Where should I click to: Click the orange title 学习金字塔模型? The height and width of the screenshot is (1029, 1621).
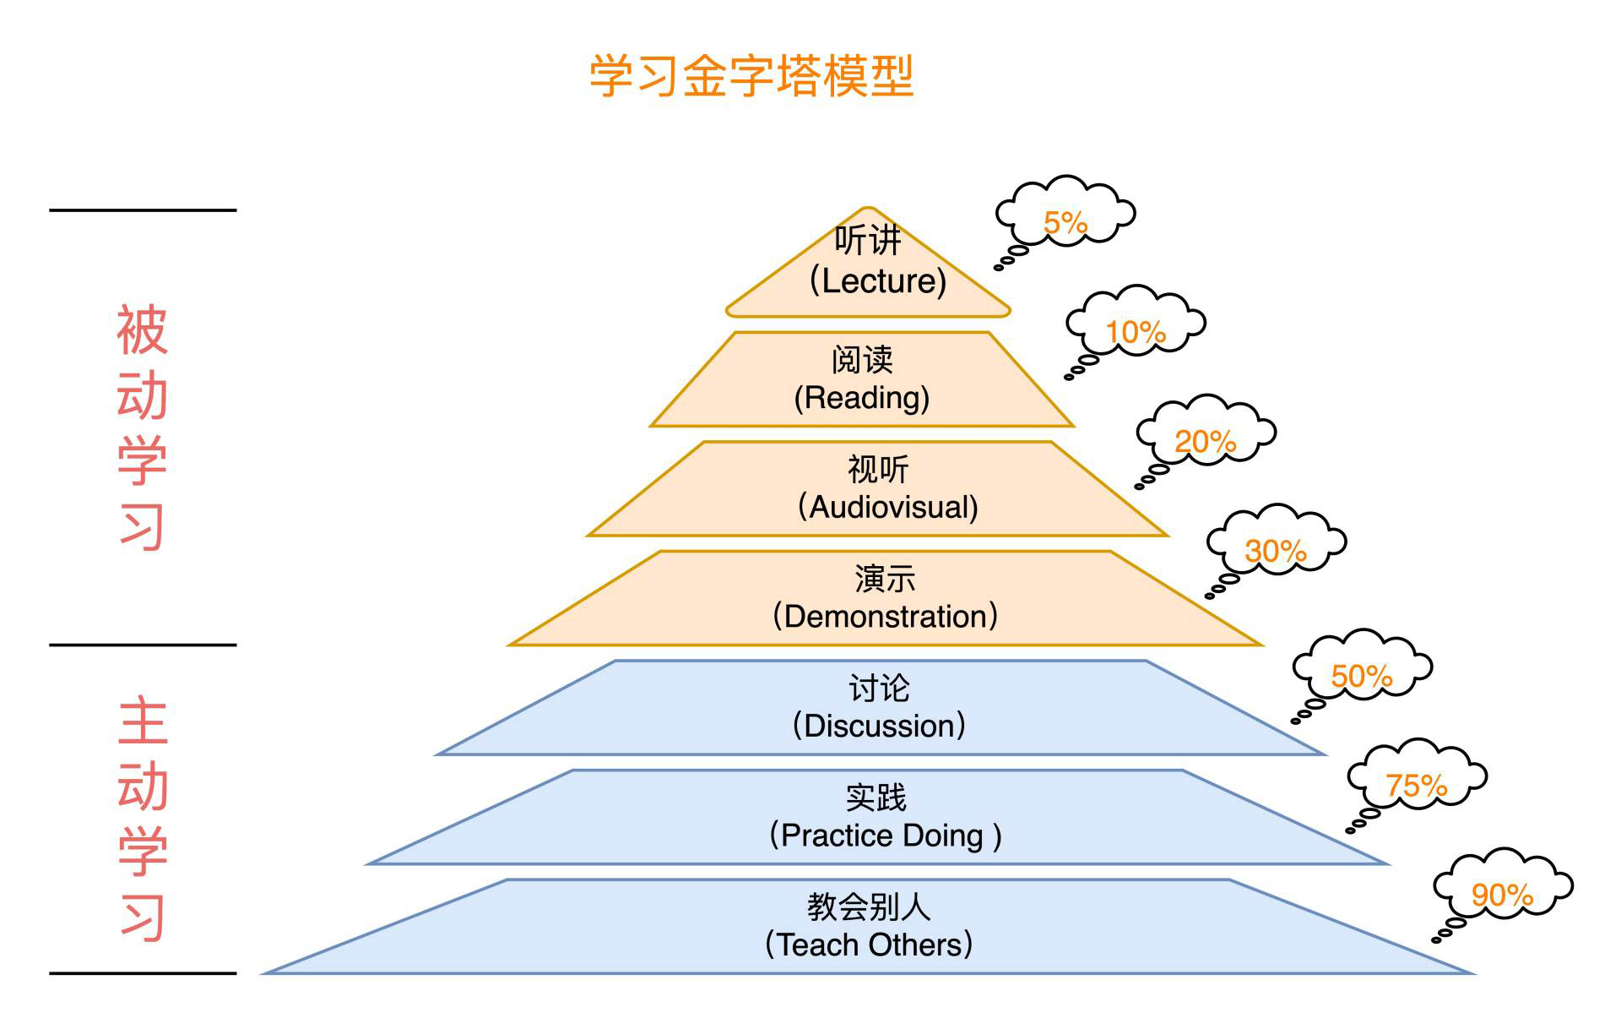coord(751,76)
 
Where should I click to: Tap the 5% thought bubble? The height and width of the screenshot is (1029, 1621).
coord(1065,215)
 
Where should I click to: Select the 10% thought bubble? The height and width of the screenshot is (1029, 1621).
coord(1136,325)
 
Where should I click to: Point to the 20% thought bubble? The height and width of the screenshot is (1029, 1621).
coord(1206,435)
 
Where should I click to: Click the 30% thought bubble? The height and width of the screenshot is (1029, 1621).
coord(1276,545)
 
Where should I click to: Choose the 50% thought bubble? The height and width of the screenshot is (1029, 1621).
coord(1362,669)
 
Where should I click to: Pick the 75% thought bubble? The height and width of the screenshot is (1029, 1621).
coord(1417,780)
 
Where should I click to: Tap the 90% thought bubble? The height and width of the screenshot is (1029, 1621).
coord(1503,889)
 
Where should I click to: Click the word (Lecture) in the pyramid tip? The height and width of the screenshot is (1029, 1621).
coord(878,281)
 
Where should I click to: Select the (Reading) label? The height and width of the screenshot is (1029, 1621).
coord(862,398)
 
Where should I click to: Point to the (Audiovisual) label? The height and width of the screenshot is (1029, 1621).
coord(888,508)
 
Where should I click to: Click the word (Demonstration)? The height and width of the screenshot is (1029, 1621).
coord(886,617)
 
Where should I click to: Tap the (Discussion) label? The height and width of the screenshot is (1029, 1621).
coord(879,726)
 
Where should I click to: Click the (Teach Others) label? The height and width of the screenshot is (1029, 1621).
coord(869,945)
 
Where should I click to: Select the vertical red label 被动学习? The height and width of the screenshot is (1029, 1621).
coord(142,427)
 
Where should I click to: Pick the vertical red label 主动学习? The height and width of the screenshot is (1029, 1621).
coord(142,818)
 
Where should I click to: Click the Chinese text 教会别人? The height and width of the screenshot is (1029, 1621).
coord(869,907)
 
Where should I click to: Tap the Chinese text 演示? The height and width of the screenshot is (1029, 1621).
coord(885,580)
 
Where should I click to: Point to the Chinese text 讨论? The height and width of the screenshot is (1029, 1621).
coord(879,689)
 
